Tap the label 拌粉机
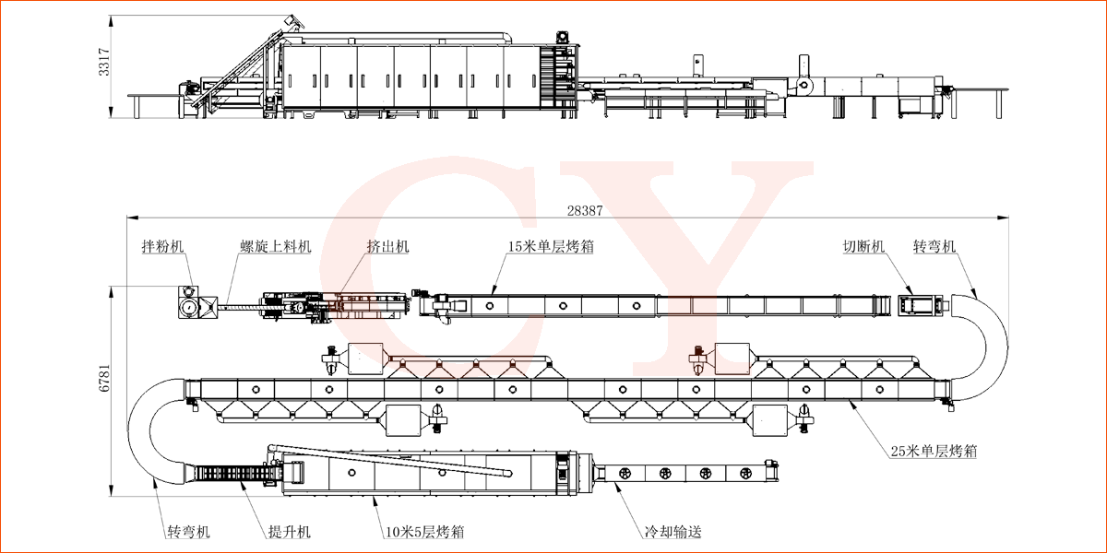(162, 247)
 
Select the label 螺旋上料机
(276, 247)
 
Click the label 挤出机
(387, 247)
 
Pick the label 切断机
(863, 247)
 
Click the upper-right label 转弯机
(934, 247)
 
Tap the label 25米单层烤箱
(934, 452)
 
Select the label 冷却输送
(673, 532)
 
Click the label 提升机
(289, 532)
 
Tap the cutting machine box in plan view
(920, 304)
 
